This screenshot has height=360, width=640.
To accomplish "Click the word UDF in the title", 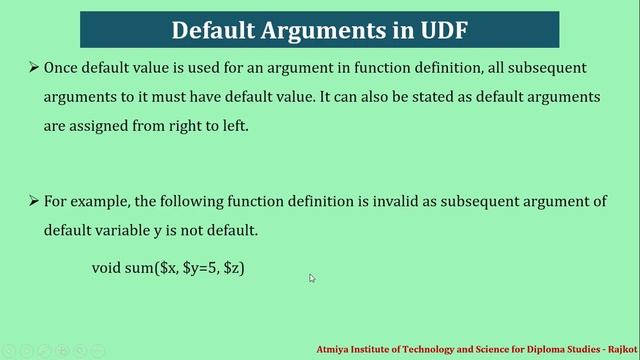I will click(x=436, y=29).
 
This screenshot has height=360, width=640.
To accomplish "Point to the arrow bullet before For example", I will click(x=33, y=201).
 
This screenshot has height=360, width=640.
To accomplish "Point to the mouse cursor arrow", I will click(x=312, y=278).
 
